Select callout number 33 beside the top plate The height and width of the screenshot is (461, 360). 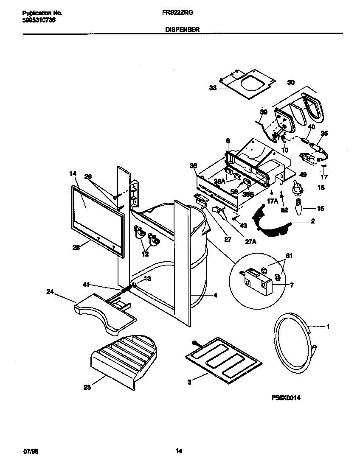pos(213,88)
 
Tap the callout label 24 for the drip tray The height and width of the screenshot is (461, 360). pos(50,291)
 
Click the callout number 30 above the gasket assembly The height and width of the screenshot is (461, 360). pos(290,82)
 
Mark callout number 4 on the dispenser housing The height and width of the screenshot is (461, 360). pos(215,295)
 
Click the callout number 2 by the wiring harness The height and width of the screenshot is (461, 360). pos(312,221)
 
